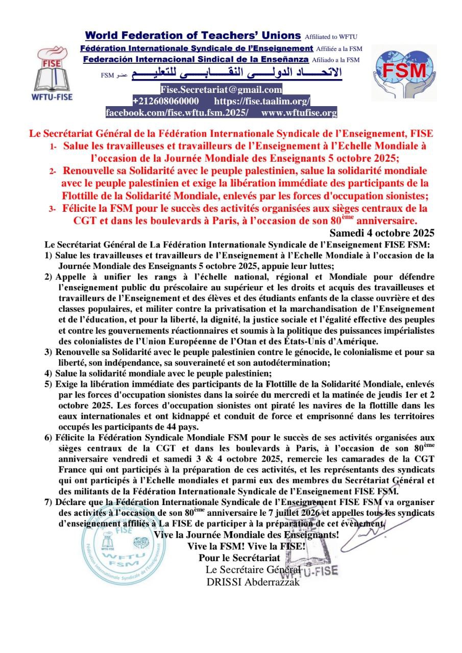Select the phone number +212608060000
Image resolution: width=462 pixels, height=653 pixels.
[165, 101]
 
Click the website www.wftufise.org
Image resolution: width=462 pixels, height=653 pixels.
[299, 113]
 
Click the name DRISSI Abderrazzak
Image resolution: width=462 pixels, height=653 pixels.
[253, 582]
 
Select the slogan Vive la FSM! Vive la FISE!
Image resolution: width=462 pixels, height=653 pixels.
[247, 546]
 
